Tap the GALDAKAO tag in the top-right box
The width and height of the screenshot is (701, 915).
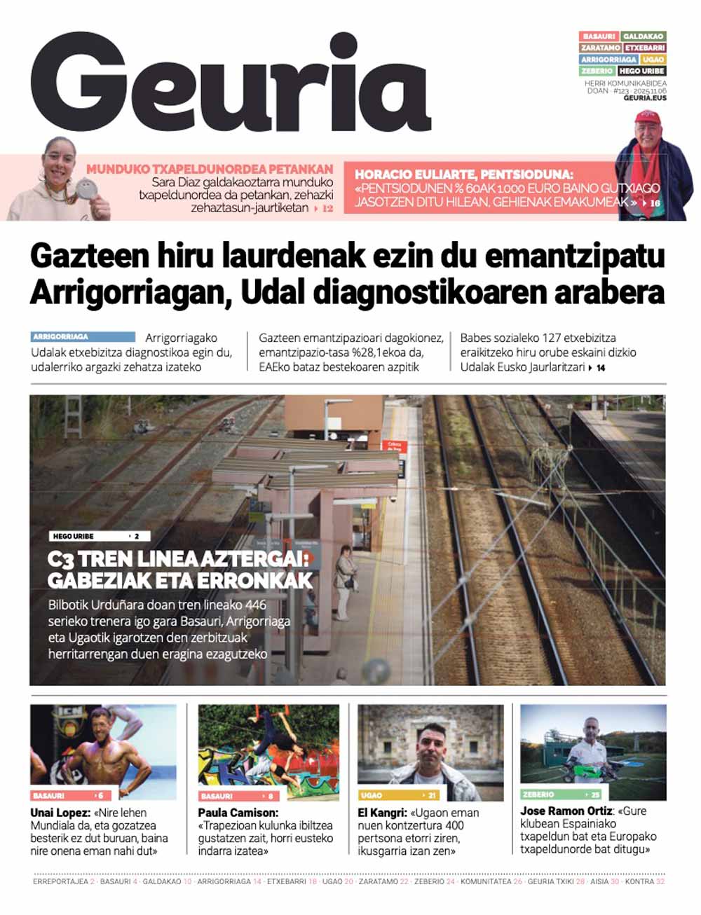643,36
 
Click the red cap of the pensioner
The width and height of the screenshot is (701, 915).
647,118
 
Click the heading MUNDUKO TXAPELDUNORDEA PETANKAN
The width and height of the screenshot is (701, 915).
210,169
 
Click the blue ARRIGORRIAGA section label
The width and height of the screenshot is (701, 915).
83,337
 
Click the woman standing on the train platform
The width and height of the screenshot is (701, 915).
343,582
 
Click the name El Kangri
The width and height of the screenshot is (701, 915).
382,813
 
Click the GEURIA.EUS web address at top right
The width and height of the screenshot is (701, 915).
645,98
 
